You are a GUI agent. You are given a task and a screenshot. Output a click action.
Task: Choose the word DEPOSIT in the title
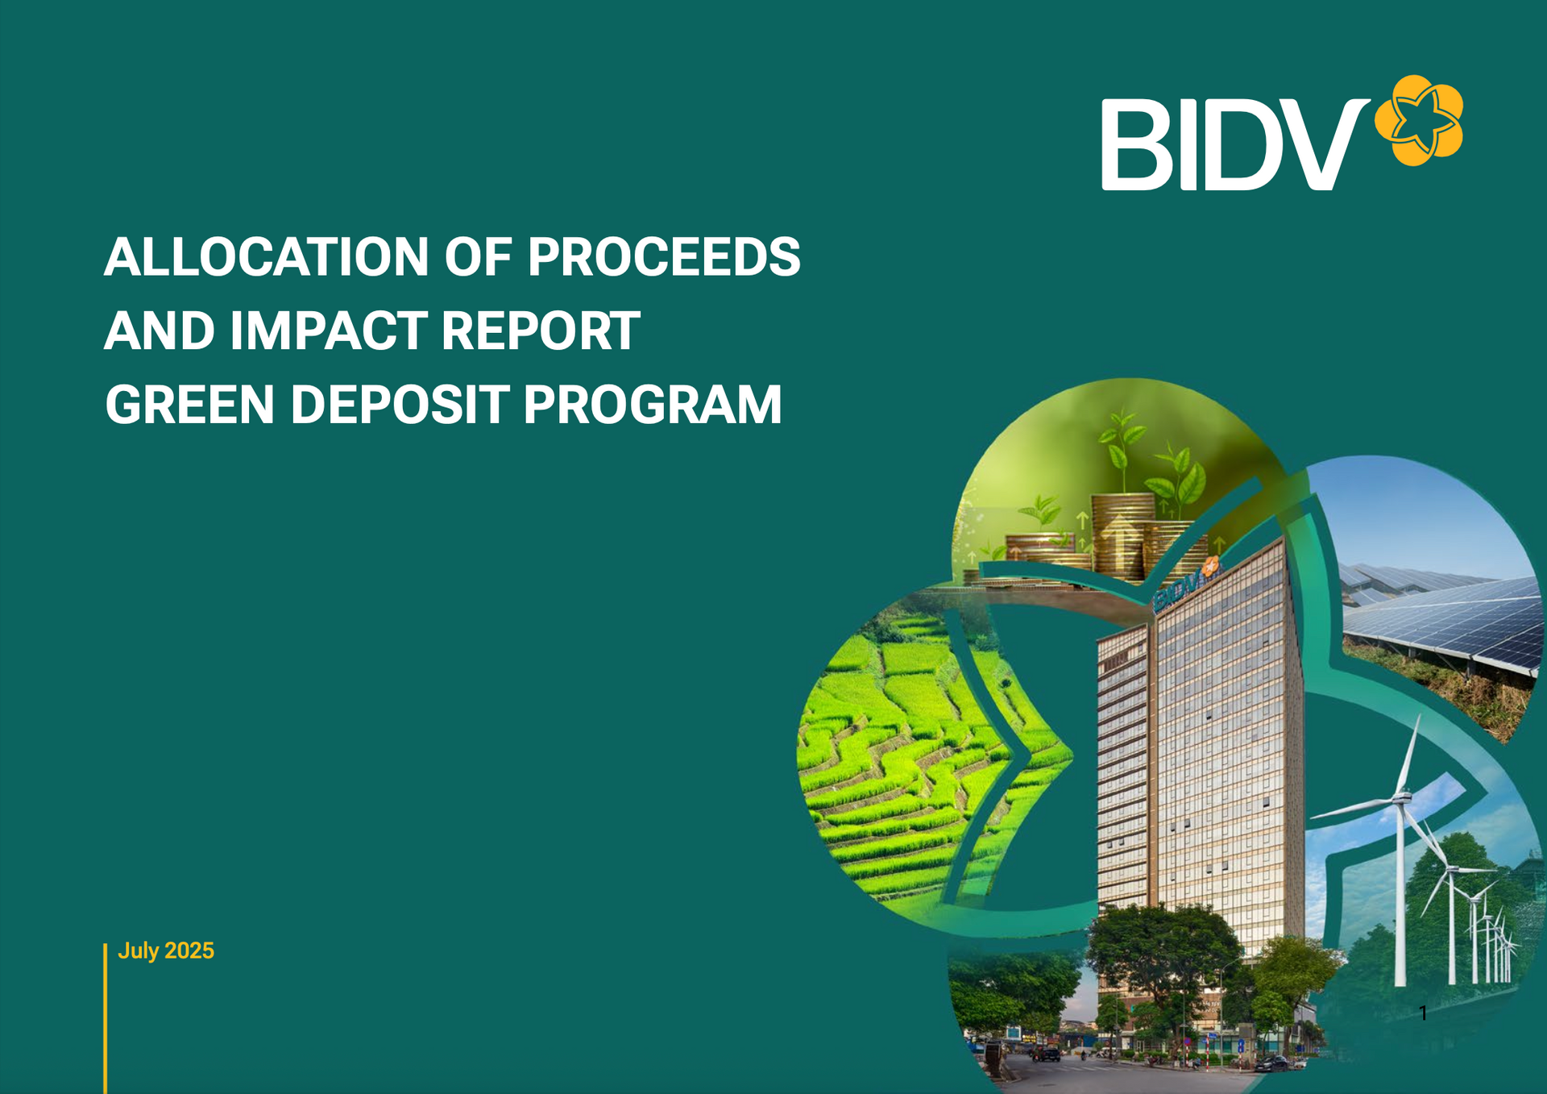pos(400,404)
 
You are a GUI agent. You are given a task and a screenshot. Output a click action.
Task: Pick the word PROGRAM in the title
pos(653,404)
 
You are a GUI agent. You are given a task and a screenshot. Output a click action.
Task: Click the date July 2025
pos(166,951)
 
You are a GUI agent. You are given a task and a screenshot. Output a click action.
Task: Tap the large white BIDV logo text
pos(1235,145)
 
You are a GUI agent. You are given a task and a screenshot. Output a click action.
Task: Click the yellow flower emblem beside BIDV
pos(1418,120)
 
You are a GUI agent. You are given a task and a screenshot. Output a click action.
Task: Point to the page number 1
pos(1423,1013)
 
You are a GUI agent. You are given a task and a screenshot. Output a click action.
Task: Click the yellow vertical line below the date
pos(105,1018)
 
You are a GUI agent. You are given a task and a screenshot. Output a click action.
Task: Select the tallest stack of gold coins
pos(1122,536)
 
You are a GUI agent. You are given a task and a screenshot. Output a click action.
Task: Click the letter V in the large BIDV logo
pos(1321,145)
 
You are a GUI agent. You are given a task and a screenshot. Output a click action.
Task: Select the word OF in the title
pos(478,257)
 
